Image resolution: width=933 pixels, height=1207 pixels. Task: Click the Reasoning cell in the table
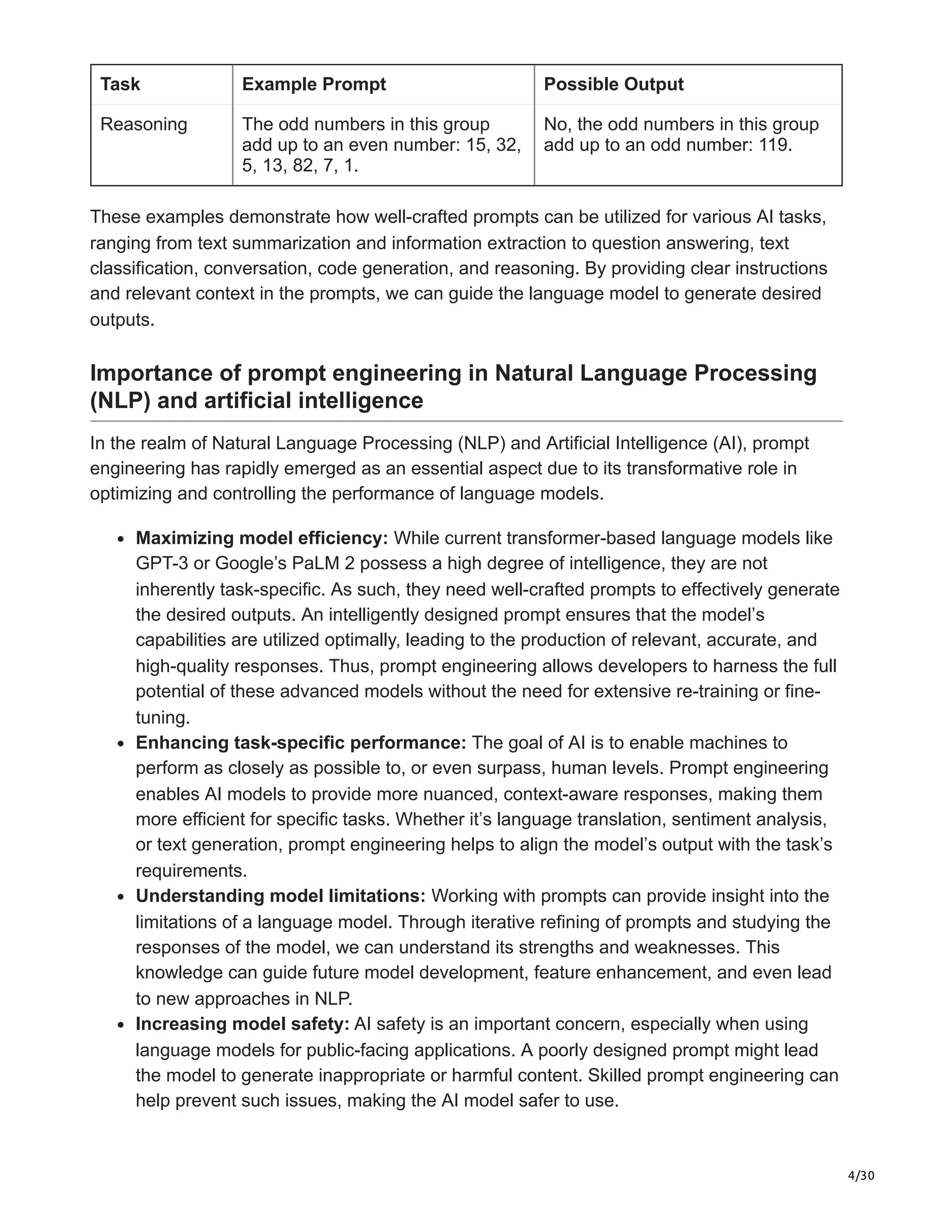point(144,124)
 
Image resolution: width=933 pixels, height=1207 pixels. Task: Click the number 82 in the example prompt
point(303,165)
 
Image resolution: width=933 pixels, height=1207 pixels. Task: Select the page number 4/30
point(861,1176)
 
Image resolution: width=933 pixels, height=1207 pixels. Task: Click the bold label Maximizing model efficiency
point(261,538)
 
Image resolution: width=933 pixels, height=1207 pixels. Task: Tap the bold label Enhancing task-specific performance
point(301,742)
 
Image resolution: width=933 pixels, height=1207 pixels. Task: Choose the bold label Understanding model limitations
point(280,896)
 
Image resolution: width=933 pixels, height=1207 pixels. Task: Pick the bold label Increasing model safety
point(242,1023)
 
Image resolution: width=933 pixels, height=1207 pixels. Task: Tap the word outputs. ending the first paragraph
point(122,319)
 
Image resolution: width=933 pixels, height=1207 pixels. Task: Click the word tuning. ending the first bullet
point(163,717)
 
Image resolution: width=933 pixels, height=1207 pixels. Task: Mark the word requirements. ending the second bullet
point(191,870)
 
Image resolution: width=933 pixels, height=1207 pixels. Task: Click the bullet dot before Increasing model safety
point(122,1025)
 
